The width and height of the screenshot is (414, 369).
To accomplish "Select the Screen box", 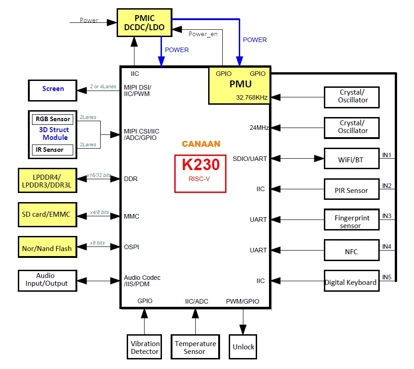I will click(x=53, y=89).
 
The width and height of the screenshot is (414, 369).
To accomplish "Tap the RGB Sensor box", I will click(x=53, y=119).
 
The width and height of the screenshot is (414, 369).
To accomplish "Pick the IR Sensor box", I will click(x=53, y=150).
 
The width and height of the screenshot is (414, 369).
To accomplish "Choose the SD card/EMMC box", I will click(x=47, y=214).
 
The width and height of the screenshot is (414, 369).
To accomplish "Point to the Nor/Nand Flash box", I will click(x=47, y=248).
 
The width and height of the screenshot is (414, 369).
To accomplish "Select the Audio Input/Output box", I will click(x=47, y=280).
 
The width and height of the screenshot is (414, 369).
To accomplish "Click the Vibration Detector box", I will click(x=145, y=348).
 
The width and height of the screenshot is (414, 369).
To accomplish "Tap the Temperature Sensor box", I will click(x=195, y=348).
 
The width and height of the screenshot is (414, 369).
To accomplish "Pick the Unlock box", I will click(x=243, y=347).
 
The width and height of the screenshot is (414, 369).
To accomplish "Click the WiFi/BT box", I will click(x=351, y=160).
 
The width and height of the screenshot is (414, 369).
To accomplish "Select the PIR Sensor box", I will click(x=351, y=190).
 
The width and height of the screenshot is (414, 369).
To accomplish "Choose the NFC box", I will click(x=351, y=251).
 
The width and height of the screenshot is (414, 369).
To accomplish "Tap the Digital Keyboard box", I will click(x=351, y=282).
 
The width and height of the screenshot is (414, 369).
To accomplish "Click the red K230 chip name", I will click(x=201, y=165).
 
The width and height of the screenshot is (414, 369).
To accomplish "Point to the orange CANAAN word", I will click(x=201, y=144).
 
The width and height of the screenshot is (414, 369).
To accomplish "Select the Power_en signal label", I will click(x=203, y=34).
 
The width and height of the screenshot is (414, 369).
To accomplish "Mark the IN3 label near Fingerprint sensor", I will click(x=387, y=216).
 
